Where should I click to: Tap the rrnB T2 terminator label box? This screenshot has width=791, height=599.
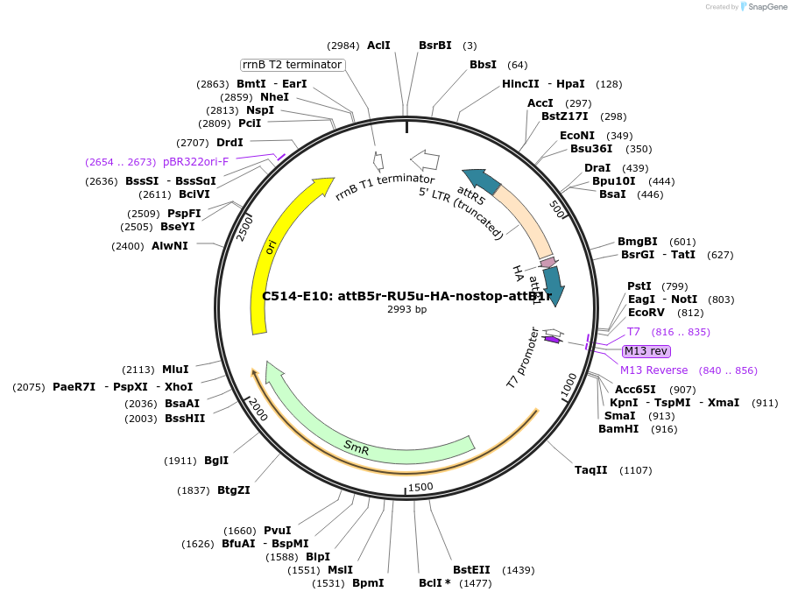click(x=293, y=65)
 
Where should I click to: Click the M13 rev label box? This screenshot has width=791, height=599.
click(x=646, y=351)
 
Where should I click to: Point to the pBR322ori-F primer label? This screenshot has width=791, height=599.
click(x=195, y=162)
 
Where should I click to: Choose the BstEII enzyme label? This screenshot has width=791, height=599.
click(x=471, y=570)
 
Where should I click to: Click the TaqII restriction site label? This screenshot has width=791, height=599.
click(x=591, y=470)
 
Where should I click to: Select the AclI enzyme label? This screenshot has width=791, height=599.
click(x=378, y=45)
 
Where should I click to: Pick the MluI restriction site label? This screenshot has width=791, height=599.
click(x=175, y=370)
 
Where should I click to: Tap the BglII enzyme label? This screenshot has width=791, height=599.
click(x=216, y=461)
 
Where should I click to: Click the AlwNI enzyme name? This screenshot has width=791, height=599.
click(x=170, y=246)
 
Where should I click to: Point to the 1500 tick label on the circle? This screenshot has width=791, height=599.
click(x=420, y=487)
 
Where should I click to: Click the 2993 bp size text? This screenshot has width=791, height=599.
click(x=406, y=309)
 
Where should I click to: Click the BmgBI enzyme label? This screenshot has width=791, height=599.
click(x=638, y=242)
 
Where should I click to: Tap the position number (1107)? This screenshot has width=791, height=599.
click(x=635, y=470)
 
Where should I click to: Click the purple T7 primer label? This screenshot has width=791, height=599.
click(x=633, y=332)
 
